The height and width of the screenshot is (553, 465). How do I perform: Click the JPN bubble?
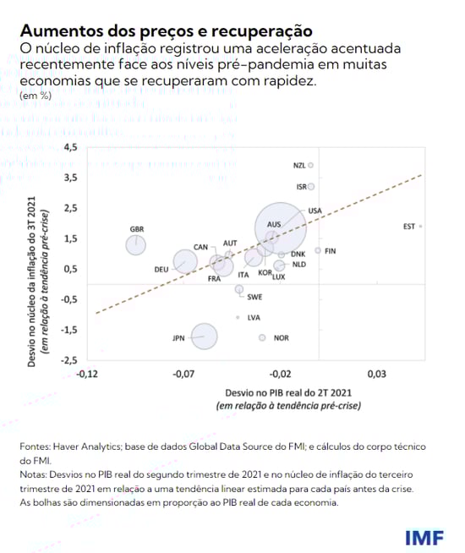pos(204,337)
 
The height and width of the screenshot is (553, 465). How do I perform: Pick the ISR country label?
pos(300,186)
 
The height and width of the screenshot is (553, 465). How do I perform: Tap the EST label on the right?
pos(409,227)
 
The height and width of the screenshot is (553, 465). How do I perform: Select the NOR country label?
pos(282,337)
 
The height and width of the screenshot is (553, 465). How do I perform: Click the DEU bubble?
pos(186,262)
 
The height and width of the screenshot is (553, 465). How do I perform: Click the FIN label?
pos(331,251)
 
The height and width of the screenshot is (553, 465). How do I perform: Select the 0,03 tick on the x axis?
pos(376,374)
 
